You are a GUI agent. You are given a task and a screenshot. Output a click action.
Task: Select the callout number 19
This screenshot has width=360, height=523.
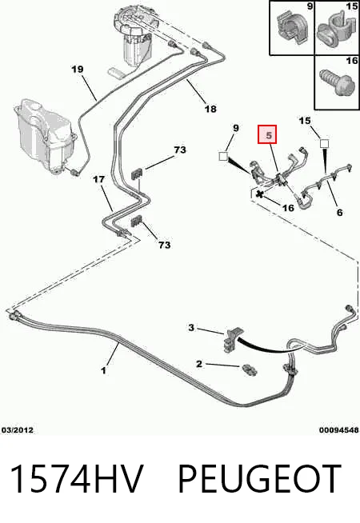pyautogui.click(x=77, y=70)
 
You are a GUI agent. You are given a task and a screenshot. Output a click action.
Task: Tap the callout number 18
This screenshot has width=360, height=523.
pyautogui.click(x=210, y=109)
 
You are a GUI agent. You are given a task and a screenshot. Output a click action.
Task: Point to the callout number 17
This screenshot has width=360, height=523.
pyautogui.click(x=98, y=179)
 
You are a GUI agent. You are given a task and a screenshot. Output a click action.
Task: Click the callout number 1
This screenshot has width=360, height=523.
pyautogui.click(x=104, y=370)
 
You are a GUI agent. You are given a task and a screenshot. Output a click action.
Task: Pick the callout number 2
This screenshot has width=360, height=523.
pyautogui.click(x=199, y=364)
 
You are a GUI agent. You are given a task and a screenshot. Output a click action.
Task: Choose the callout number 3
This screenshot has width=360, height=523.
pyautogui.click(x=191, y=328)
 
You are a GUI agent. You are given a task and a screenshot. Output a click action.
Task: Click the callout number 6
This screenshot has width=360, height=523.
pyautogui.click(x=340, y=212)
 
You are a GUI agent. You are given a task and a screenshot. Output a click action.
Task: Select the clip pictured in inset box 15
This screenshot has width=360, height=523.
pyautogui.click(x=334, y=30)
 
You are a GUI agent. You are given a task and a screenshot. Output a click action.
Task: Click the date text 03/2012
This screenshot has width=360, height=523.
pyautogui.click(x=18, y=430)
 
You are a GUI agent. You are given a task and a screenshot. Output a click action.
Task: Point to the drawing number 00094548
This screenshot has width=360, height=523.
pyautogui.click(x=339, y=430)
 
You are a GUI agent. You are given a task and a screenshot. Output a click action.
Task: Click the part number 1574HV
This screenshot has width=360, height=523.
pyautogui.click(x=77, y=479)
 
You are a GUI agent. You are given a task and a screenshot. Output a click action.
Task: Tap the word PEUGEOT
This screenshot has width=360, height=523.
pyautogui.click(x=259, y=479)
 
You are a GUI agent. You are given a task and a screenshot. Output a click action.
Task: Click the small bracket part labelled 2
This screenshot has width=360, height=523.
pyautogui.click(x=249, y=369)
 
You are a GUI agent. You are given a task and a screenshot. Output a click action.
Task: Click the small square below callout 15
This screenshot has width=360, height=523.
pyautogui.click(x=324, y=144)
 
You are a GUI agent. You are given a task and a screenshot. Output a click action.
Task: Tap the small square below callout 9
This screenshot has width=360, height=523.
pyautogui.click(x=223, y=156)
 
